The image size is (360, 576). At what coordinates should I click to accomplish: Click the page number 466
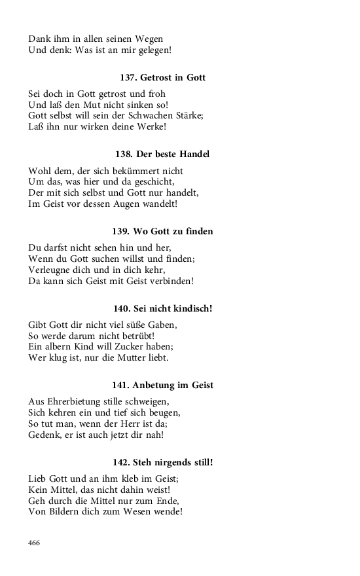[34, 543]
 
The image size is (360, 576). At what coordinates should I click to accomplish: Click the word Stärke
[190, 116]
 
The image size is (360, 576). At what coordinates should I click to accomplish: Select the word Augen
[134, 204]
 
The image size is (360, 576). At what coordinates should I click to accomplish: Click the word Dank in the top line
[40, 39]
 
